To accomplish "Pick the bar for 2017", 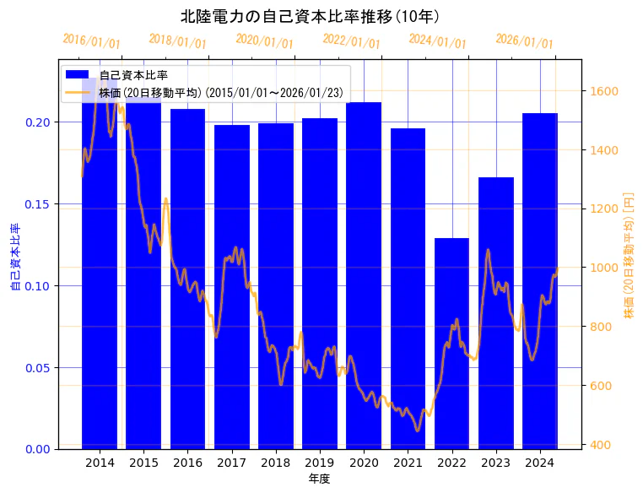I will (231, 287).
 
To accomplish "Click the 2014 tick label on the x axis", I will (100, 463).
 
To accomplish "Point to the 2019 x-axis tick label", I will (320, 463).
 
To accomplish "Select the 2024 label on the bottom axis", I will (539, 463).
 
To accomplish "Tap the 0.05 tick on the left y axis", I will (38, 368).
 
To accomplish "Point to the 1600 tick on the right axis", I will (605, 91).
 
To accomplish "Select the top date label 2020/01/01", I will (264, 41).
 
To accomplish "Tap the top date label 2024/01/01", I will (437, 41).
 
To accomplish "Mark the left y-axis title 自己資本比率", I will (14, 257).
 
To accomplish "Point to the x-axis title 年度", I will (319, 479).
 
